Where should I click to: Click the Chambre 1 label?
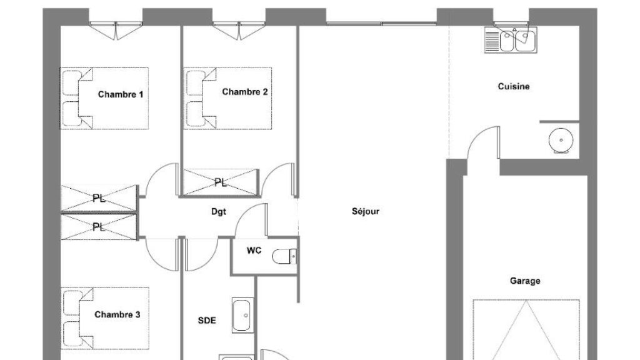click(121, 95)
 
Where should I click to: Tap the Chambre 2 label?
click(244, 92)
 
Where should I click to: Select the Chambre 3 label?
click(117, 315)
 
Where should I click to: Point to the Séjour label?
click(366, 211)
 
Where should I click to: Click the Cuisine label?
click(514, 86)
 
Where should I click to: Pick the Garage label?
click(525, 281)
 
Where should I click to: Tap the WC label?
click(254, 250)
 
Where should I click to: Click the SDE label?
click(207, 321)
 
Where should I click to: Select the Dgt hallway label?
click(218, 211)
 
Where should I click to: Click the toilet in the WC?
click(284, 256)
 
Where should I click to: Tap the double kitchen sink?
click(511, 40)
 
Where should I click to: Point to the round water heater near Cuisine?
click(561, 141)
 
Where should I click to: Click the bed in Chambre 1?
click(104, 98)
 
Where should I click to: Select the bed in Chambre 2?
click(227, 98)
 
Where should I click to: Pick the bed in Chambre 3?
click(105, 318)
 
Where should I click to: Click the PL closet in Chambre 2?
click(221, 182)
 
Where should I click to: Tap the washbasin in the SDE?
click(242, 315)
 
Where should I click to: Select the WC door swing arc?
click(251, 219)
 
